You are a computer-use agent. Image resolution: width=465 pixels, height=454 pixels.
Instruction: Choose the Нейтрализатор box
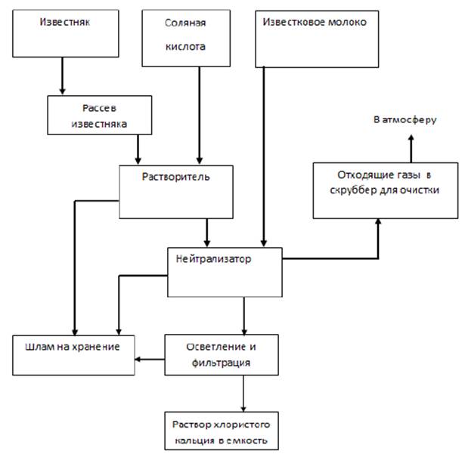(x=224, y=270)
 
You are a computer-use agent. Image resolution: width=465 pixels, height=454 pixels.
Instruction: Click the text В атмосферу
(x=405, y=120)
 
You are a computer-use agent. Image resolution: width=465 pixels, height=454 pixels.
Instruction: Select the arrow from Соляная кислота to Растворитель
(x=199, y=113)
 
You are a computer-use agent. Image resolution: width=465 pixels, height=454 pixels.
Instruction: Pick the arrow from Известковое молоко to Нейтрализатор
(x=263, y=151)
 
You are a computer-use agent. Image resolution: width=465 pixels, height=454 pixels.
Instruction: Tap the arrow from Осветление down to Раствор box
(x=243, y=394)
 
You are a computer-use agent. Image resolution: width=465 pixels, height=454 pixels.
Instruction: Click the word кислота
(x=184, y=46)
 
